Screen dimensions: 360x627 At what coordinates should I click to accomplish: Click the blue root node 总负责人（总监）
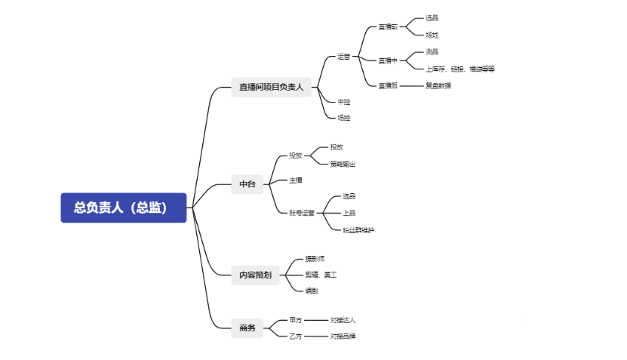[123, 208]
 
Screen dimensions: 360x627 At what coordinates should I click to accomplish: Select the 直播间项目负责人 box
[271, 87]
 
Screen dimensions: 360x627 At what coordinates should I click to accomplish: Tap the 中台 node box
[247, 184]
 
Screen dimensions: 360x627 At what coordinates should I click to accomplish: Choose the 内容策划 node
[256, 275]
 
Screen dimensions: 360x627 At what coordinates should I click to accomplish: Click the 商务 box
[247, 328]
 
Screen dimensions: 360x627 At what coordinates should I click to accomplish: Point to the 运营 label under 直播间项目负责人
[344, 57]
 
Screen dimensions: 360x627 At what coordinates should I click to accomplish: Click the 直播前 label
[388, 27]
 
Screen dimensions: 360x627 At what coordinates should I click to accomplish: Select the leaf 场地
[432, 35]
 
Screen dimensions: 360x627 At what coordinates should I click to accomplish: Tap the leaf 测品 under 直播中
[432, 52]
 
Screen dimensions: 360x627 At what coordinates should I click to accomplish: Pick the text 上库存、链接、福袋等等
[460, 69]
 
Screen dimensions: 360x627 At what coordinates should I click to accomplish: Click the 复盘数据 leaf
[438, 85]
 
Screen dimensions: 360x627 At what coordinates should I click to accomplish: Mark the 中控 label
[344, 102]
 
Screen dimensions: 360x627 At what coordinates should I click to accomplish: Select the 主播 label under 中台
[296, 180]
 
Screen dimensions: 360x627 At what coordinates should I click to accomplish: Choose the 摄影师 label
[315, 259]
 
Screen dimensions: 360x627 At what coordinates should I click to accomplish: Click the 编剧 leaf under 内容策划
[312, 291]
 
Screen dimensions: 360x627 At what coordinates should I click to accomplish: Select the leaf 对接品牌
[343, 337]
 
